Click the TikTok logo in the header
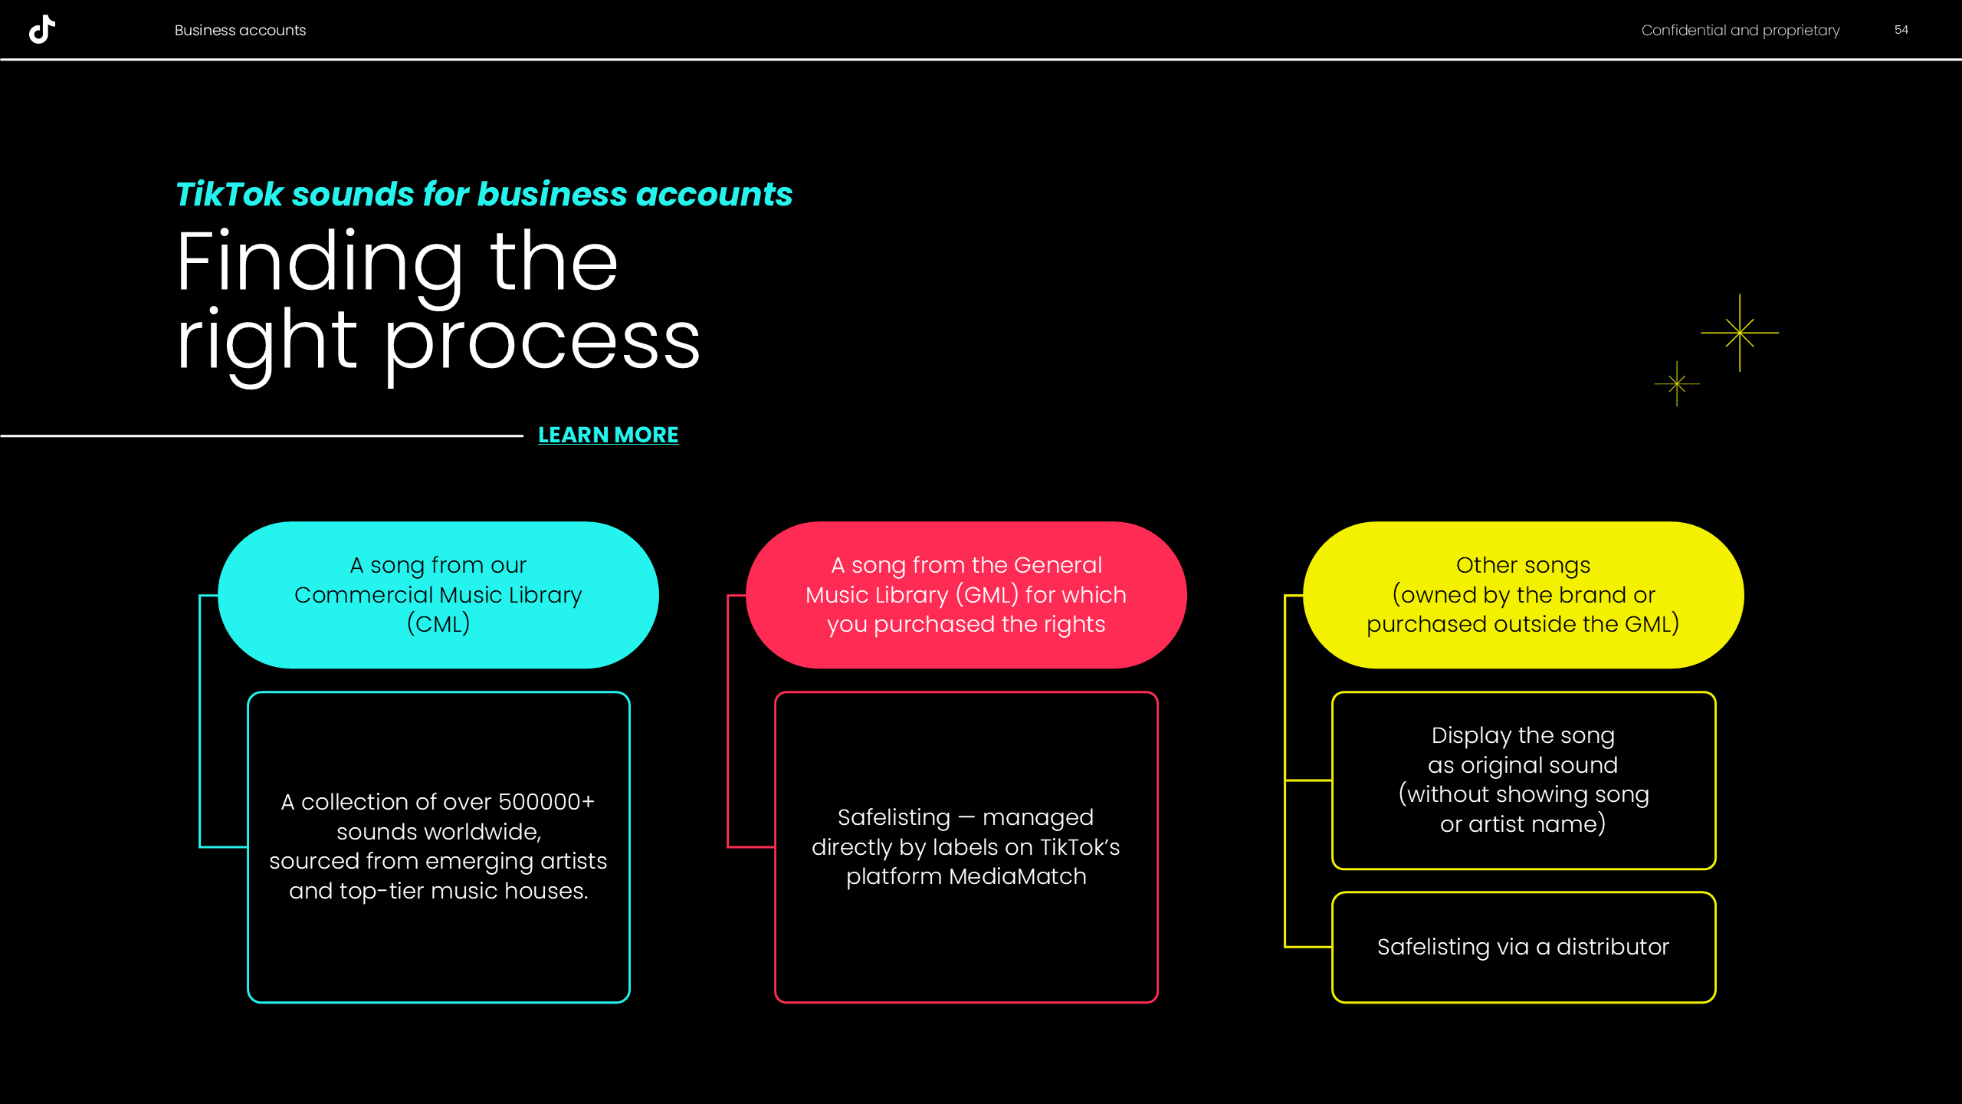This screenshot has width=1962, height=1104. tap(42, 29)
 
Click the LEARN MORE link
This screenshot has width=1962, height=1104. tap(608, 435)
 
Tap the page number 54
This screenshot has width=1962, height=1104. tap(1901, 30)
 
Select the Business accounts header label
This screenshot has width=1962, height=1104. tap(240, 31)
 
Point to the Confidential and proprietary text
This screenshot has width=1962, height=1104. tap(1740, 31)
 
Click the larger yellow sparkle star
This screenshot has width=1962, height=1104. tap(1740, 333)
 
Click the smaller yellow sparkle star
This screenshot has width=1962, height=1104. tap(1677, 383)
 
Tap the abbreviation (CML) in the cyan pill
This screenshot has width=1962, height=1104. tap(438, 624)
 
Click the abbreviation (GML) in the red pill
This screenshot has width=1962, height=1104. tap(987, 595)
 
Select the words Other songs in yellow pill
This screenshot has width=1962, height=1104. tap(1523, 565)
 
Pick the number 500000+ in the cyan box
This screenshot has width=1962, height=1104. tap(546, 802)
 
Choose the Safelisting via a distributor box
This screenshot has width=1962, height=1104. tap(1523, 947)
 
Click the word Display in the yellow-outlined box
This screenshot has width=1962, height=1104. tap(1471, 736)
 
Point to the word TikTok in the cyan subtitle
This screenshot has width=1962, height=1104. tap(230, 194)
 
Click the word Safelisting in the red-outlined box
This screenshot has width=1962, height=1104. tap(894, 817)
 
